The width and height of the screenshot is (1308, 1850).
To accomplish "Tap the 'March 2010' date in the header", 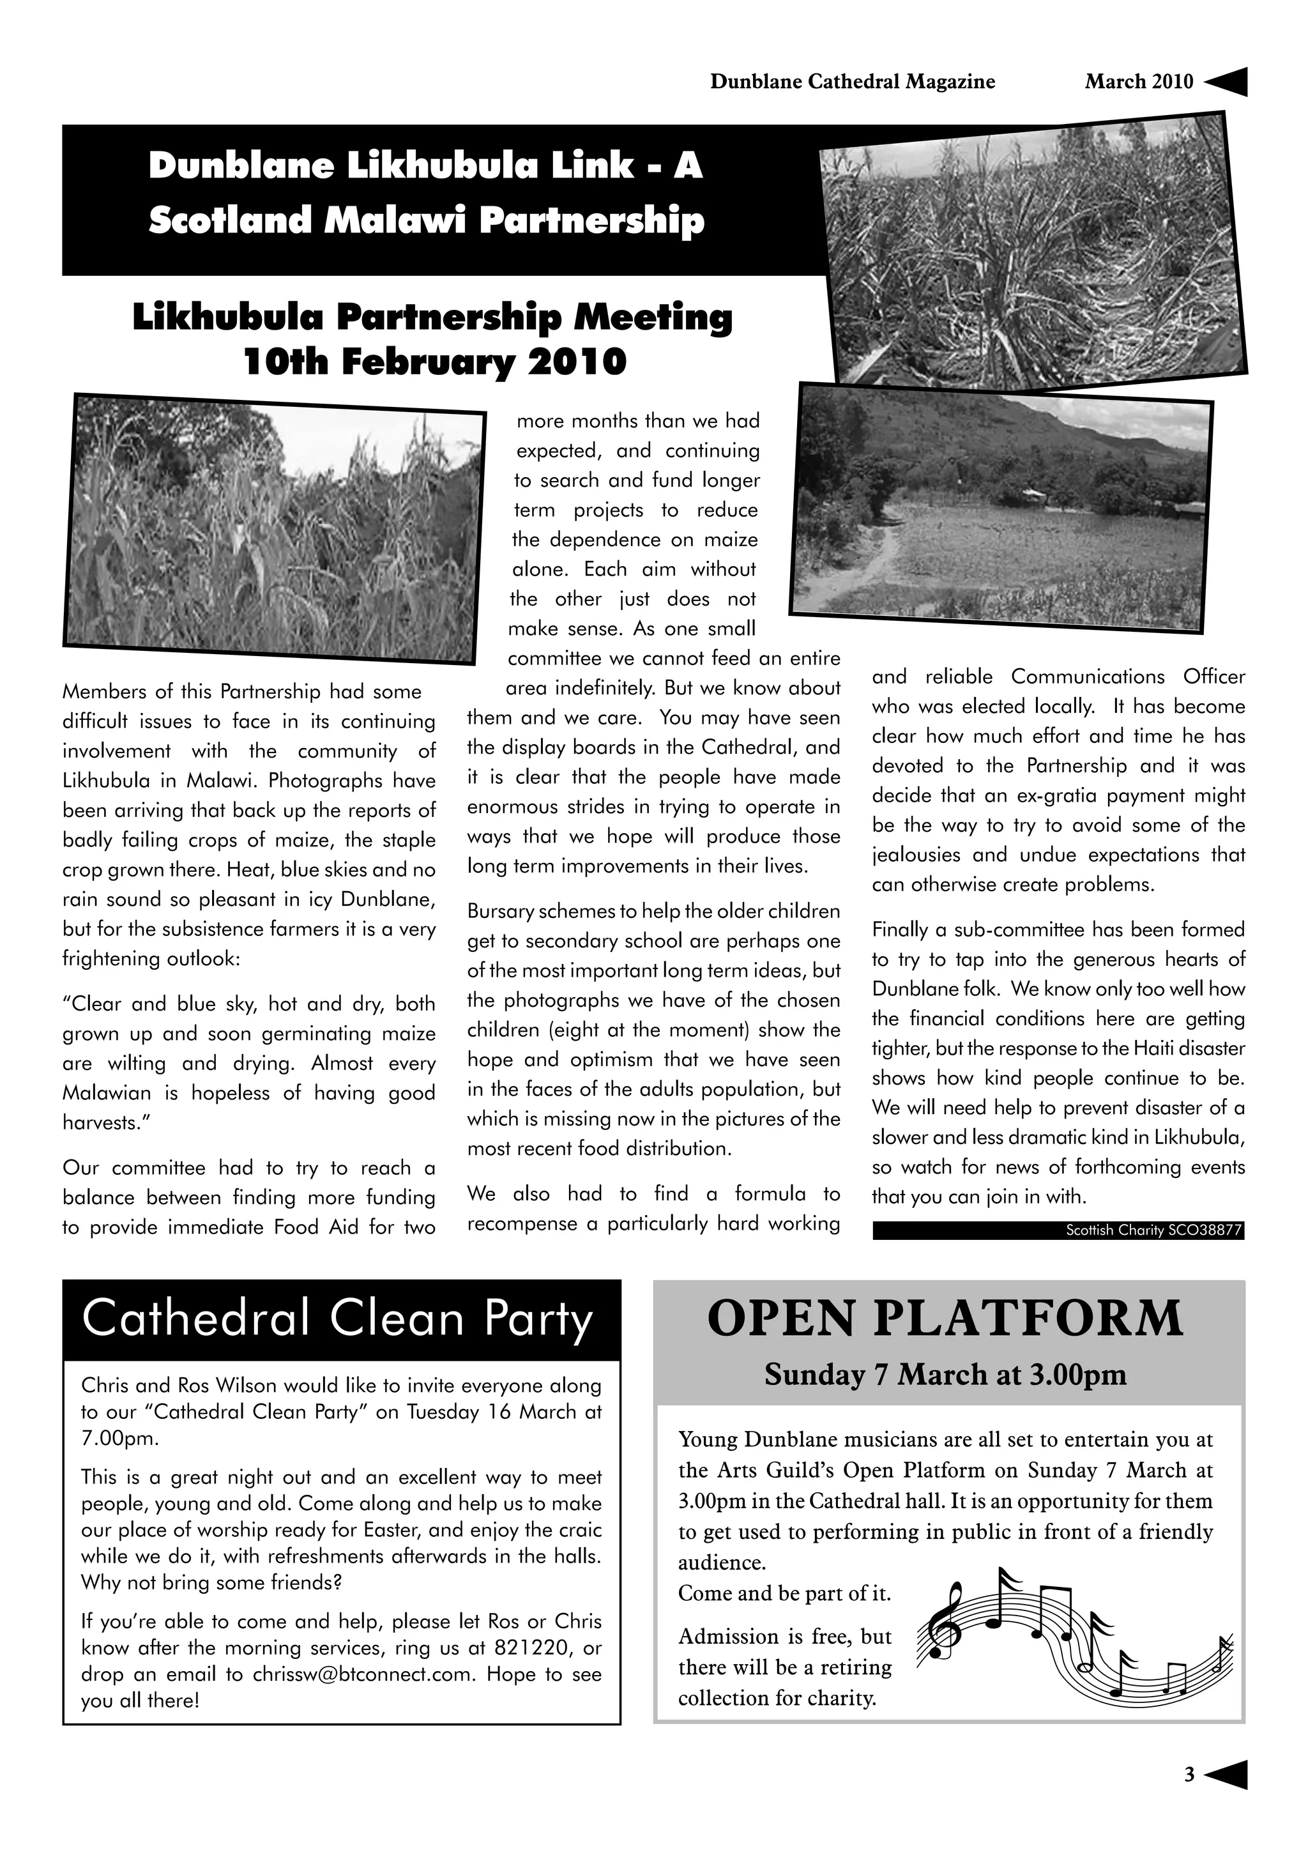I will [1138, 81].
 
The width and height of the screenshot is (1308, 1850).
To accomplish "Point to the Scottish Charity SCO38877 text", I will [1153, 1230].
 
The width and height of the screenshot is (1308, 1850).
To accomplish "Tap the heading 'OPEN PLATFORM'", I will [946, 1319].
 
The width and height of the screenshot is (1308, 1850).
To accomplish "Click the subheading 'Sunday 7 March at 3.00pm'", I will [946, 1375].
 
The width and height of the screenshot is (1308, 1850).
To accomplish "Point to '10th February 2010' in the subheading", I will [434, 362].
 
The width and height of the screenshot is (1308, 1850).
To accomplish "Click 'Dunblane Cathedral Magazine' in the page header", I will [852, 81].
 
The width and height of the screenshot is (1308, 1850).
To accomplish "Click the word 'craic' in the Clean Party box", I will [579, 1530].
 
